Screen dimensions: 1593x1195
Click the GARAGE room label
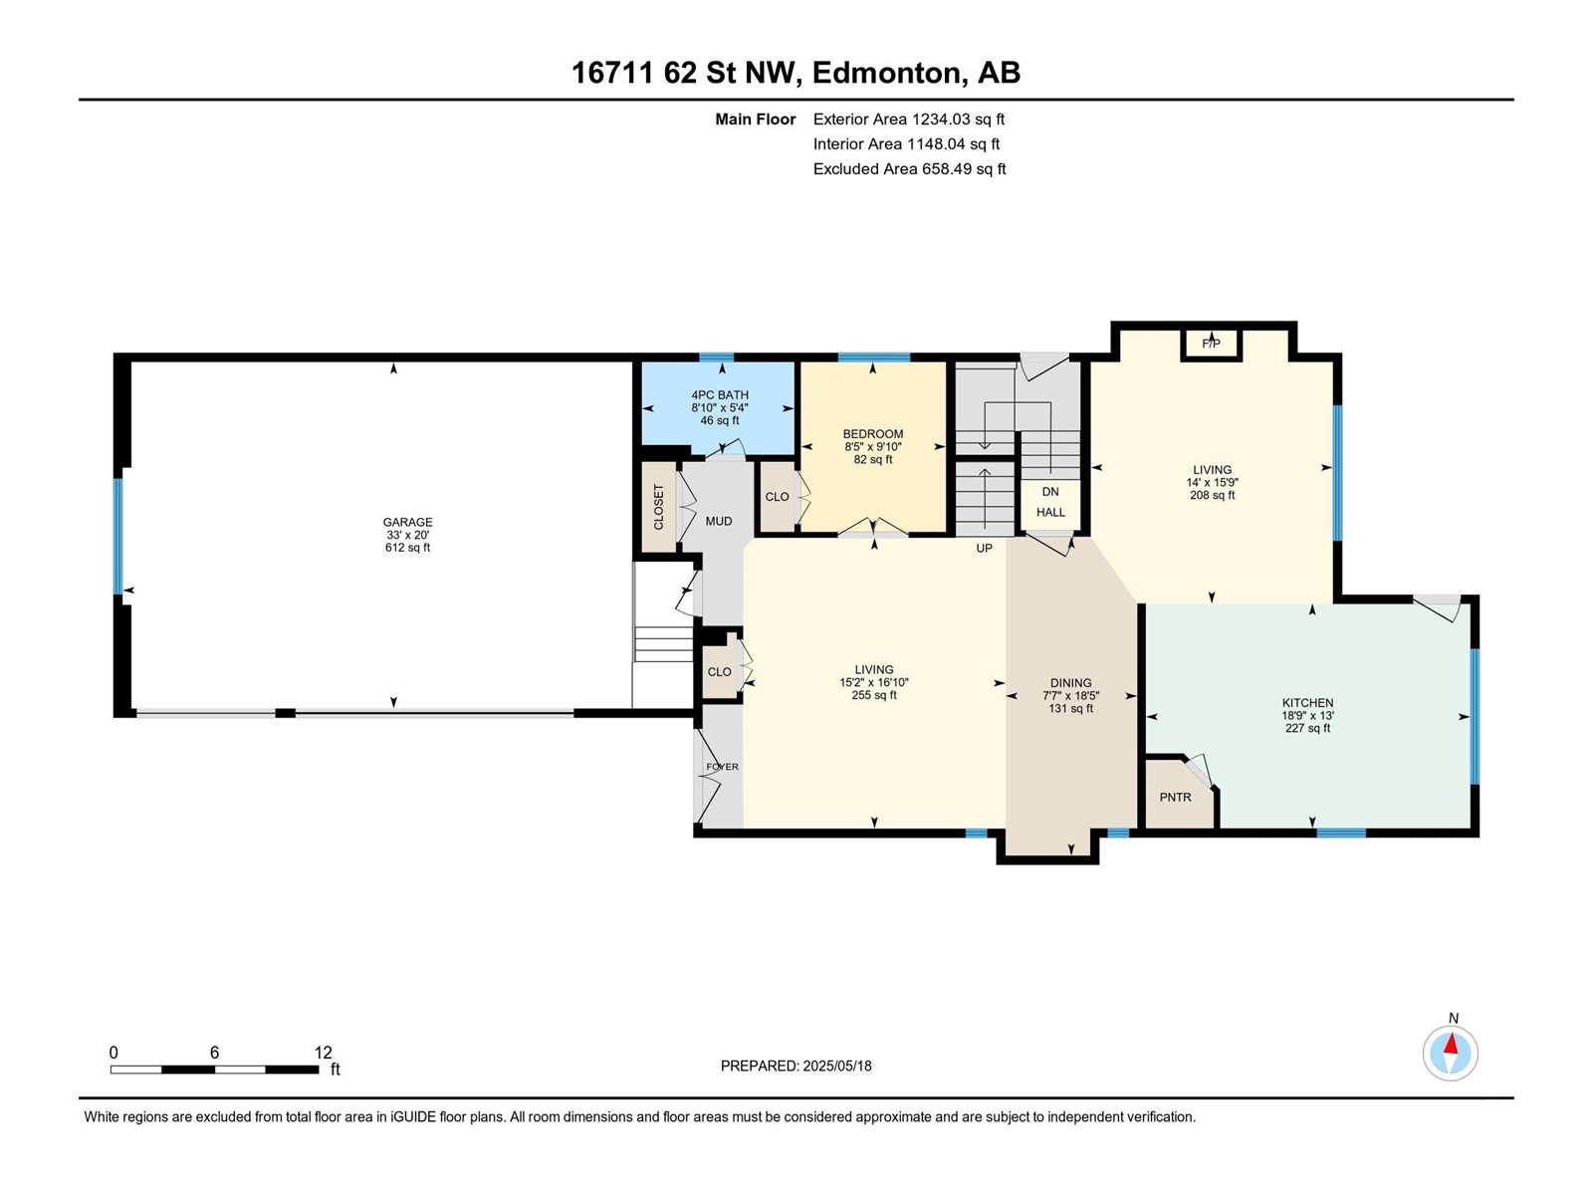[407, 522]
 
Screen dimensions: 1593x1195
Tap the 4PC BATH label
[719, 394]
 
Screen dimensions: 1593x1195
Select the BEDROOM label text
[872, 434]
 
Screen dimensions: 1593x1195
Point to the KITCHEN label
[1307, 702]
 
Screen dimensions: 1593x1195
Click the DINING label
[1070, 683]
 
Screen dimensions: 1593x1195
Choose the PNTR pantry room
[1179, 793]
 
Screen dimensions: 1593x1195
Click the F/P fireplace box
[1211, 344]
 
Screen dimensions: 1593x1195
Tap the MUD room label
[719, 521]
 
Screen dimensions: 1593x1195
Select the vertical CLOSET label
[658, 507]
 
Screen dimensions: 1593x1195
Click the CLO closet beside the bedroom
[777, 497]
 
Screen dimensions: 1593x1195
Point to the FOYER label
[722, 767]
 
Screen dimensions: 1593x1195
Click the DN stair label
[1050, 492]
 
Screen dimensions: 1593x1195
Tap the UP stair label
[984, 549]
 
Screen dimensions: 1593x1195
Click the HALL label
[1050, 512]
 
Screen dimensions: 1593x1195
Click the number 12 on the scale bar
[323, 1052]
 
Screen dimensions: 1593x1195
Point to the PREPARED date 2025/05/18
[836, 1066]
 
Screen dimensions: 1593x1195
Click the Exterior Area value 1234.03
[941, 119]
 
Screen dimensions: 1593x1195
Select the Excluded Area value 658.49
[947, 169]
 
